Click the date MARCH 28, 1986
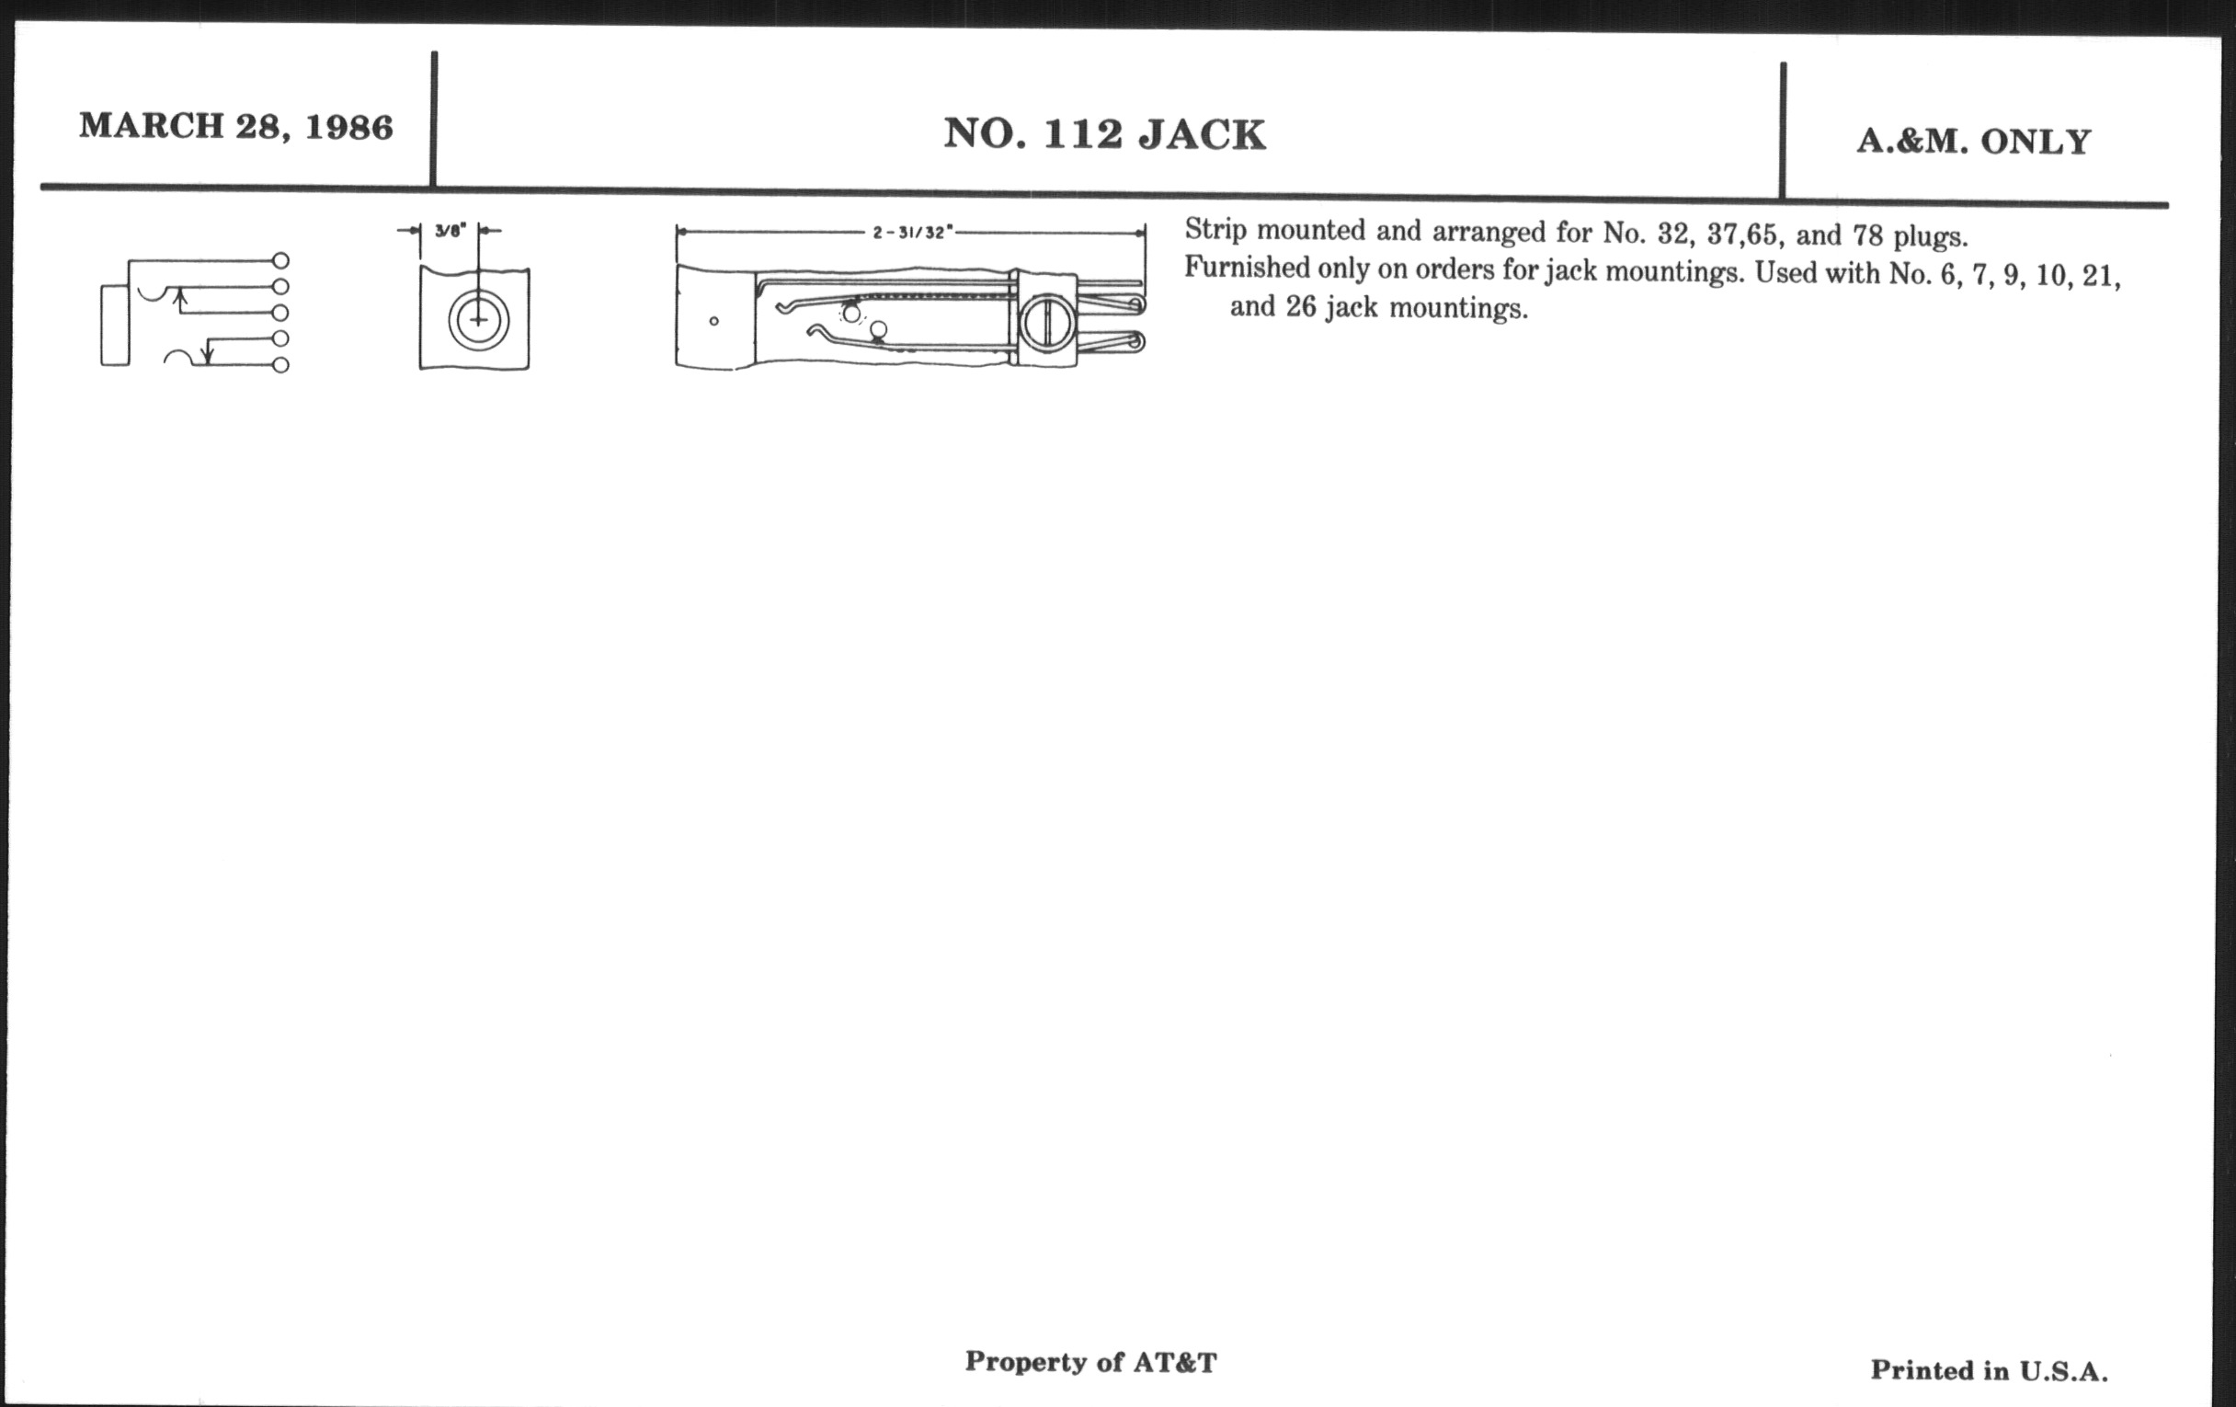[236, 126]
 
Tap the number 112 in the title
[1083, 134]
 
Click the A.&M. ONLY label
[1973, 142]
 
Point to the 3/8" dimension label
[451, 230]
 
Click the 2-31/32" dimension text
[912, 232]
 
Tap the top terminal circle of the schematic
[280, 261]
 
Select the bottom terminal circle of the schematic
[280, 365]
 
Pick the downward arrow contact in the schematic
[208, 351]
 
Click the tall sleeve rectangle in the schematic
[115, 325]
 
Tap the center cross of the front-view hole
[478, 320]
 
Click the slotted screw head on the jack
[1047, 323]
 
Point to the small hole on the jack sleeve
[713, 321]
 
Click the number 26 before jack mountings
[1301, 305]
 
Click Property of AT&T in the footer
[1090, 1362]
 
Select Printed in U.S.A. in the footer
[1989, 1370]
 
